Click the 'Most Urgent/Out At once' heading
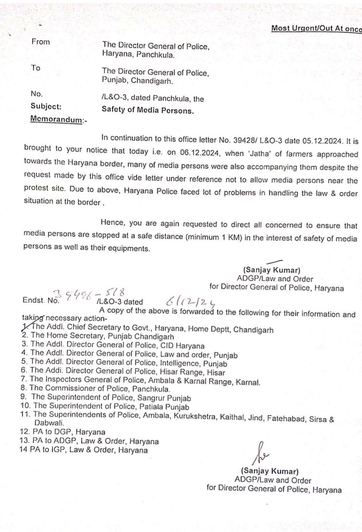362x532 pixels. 316,28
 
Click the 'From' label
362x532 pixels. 41,42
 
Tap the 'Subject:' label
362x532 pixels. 46,106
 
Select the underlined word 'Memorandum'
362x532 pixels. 56,119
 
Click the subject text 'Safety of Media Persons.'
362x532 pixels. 147,110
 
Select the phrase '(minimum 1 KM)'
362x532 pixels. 214,237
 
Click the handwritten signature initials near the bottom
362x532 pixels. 261,453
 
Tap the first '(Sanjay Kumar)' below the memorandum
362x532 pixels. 272,270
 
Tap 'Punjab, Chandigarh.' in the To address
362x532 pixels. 137,80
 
